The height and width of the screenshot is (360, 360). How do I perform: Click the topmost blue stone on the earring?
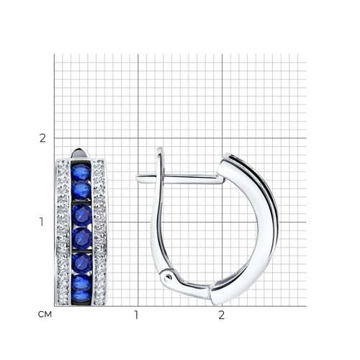click(81, 172)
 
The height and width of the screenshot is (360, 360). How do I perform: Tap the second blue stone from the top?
click(81, 190)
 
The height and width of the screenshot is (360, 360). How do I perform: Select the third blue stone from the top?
click(82, 215)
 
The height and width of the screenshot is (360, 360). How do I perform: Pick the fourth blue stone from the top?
click(82, 238)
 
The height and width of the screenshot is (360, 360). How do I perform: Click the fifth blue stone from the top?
click(82, 264)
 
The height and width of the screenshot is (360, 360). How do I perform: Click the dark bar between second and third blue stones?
click(81, 202)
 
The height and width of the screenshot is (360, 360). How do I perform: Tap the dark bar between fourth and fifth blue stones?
click(82, 251)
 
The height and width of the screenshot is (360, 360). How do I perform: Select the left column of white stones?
click(63, 233)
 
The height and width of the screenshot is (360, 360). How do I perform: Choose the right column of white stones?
click(99, 233)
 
